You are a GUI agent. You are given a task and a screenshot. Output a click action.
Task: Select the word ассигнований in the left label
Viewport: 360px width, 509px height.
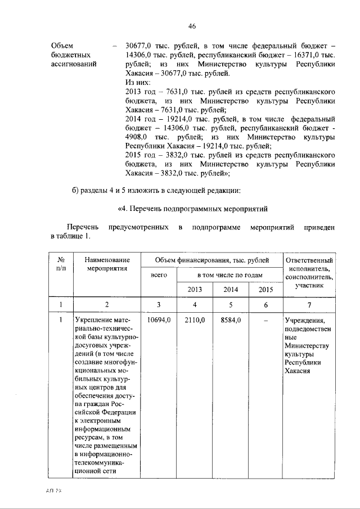tap(74, 64)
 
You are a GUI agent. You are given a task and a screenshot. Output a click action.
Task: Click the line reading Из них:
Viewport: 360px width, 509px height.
tap(138, 82)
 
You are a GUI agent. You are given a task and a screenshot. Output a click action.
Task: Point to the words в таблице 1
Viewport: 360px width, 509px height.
tap(69, 236)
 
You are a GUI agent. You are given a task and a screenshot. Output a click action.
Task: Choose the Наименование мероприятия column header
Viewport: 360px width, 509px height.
tap(107, 264)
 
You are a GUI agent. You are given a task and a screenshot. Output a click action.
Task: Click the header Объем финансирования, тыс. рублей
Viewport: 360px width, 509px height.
tap(211, 260)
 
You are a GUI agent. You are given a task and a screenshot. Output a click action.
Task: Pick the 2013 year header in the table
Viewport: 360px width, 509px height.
tap(195, 290)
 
